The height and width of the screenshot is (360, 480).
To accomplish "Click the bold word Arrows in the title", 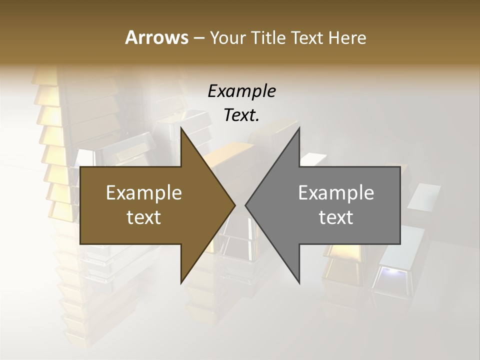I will click(x=156, y=37).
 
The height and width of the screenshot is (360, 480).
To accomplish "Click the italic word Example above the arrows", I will click(x=241, y=91).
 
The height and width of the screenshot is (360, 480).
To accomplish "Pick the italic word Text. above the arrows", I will click(x=241, y=115).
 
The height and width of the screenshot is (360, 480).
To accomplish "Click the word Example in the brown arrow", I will click(x=143, y=192).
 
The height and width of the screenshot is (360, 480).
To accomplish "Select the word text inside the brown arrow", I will click(x=143, y=217).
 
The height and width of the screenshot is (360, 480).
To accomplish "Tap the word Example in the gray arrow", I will click(x=336, y=192).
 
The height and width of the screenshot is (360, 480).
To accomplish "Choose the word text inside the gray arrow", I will click(x=336, y=217).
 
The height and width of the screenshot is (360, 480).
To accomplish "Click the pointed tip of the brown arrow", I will click(x=234, y=205).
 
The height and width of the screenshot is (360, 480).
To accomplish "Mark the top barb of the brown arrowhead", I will click(x=182, y=130).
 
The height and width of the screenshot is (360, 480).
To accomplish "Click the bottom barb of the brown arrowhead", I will click(x=182, y=281).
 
